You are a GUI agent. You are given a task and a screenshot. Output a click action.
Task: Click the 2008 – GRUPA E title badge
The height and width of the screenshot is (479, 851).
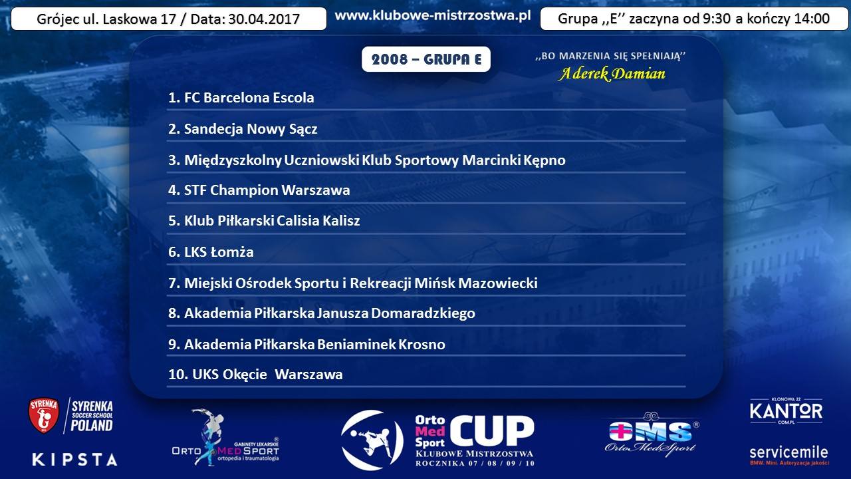pyautogui.click(x=426, y=59)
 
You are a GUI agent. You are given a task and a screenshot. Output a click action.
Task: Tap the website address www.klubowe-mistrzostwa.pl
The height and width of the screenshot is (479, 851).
pyautogui.click(x=433, y=15)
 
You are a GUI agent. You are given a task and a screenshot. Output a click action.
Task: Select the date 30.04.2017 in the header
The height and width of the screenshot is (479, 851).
pyautogui.click(x=264, y=19)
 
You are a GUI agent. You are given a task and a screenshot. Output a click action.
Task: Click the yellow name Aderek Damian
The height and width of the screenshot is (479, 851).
pyautogui.click(x=612, y=73)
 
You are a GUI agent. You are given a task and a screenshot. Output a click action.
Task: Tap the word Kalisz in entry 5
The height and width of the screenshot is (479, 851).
pyautogui.click(x=341, y=221)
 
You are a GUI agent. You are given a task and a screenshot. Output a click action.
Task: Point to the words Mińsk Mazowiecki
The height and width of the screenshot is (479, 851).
pyautogui.click(x=475, y=283)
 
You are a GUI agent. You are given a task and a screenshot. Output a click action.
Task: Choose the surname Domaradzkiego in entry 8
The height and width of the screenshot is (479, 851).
pyautogui.click(x=423, y=313)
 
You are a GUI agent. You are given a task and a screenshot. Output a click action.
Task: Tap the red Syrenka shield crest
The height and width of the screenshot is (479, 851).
pyautogui.click(x=44, y=416)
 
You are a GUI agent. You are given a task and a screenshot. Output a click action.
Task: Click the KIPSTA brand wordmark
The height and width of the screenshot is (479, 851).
pyautogui.click(x=75, y=459)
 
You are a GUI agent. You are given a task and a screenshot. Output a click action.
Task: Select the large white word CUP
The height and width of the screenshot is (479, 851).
pyautogui.click(x=493, y=430)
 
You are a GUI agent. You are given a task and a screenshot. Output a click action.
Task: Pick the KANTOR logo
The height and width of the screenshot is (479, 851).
pyautogui.click(x=786, y=411)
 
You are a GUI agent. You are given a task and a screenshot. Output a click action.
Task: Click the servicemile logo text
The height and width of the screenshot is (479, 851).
pyautogui.click(x=789, y=452)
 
